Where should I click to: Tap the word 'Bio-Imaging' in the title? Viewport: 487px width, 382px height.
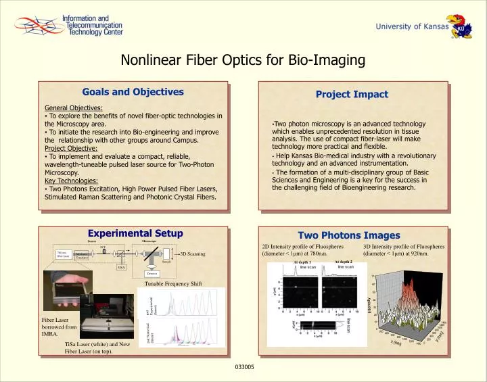pyautogui.click(x=327, y=61)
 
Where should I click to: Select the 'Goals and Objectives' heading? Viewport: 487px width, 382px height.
pyautogui.click(x=133, y=92)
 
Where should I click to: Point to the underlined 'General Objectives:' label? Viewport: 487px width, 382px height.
pyautogui.click(x=73, y=108)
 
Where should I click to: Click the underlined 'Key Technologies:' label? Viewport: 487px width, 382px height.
pyautogui.click(x=71, y=181)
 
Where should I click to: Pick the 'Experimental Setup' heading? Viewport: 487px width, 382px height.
pyautogui.click(x=136, y=233)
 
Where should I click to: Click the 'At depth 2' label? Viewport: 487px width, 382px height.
pyautogui.click(x=344, y=262)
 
